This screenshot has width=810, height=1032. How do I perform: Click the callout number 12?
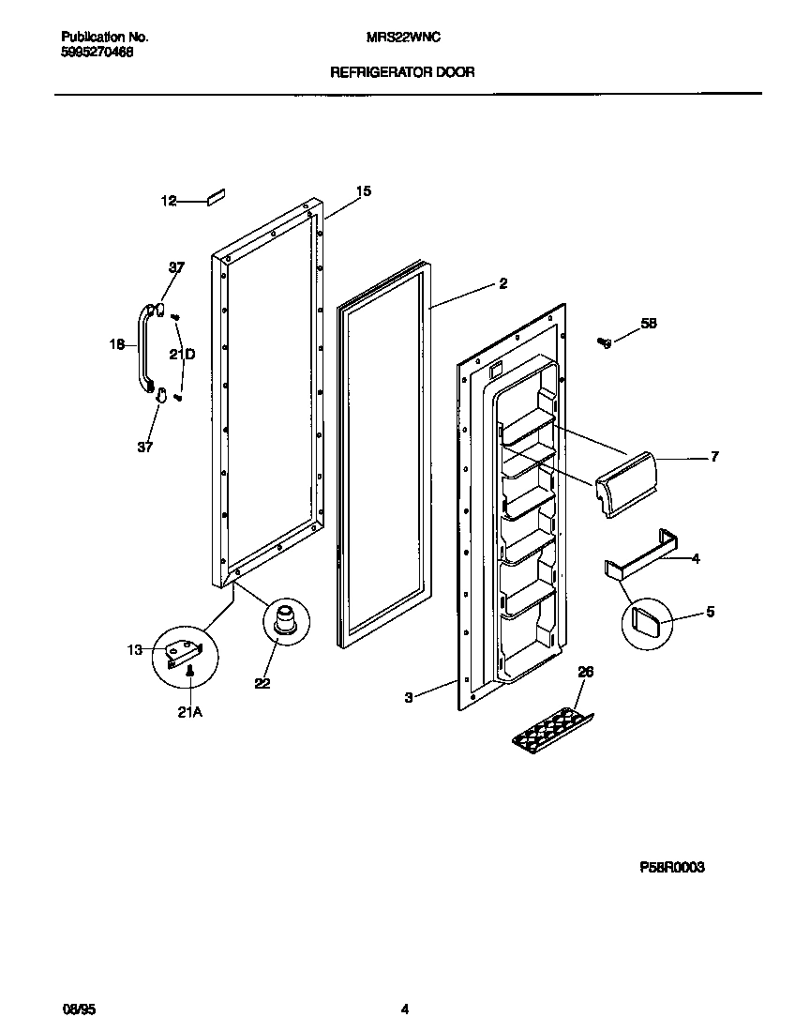click(x=169, y=201)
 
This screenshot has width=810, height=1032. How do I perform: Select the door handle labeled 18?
click(x=145, y=345)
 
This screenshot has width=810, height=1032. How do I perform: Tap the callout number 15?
click(x=363, y=191)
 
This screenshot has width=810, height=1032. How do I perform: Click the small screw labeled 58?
click(x=606, y=342)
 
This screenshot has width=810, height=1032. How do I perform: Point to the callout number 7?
click(x=714, y=457)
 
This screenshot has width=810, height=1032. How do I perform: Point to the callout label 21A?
click(x=189, y=713)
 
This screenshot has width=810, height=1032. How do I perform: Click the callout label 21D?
click(x=182, y=354)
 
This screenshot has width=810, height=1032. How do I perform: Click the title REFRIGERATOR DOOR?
click(x=403, y=71)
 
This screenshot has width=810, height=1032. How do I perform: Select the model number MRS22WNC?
click(x=403, y=37)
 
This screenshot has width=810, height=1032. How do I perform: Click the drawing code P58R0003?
click(x=671, y=868)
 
